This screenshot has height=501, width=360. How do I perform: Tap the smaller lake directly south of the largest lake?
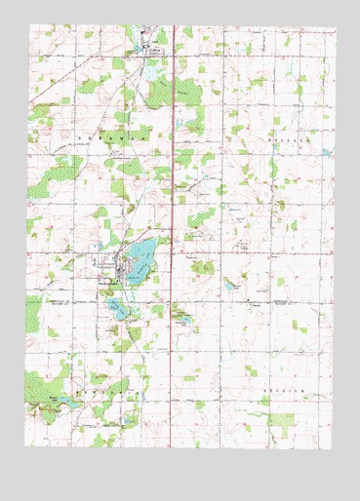(117, 309)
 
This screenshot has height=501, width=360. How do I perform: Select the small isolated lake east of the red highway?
(230, 287)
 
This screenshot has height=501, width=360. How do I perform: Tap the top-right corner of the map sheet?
(335, 27)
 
